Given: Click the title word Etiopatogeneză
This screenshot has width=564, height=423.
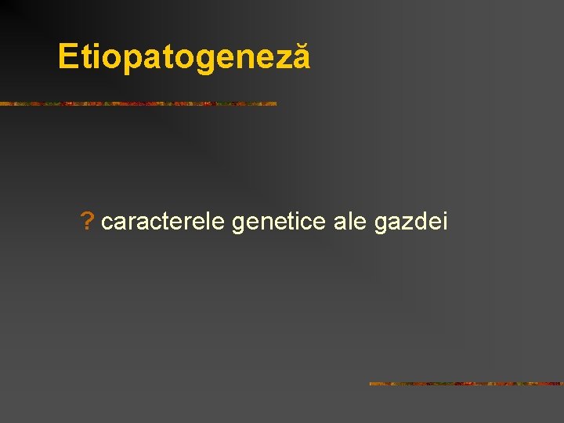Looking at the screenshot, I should (184, 57).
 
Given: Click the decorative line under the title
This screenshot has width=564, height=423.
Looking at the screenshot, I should (138, 103).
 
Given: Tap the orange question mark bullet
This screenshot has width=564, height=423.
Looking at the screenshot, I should (87, 222).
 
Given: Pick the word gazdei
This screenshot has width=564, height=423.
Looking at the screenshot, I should (411, 223).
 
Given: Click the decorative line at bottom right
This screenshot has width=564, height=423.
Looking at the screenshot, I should (466, 384).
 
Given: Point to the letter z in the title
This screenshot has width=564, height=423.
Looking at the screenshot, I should (284, 59).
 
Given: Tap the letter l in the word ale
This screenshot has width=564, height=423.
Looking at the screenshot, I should (350, 222).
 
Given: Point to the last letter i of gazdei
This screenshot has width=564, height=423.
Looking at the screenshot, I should (444, 222).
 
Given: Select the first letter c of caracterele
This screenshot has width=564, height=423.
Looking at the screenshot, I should (107, 223).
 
